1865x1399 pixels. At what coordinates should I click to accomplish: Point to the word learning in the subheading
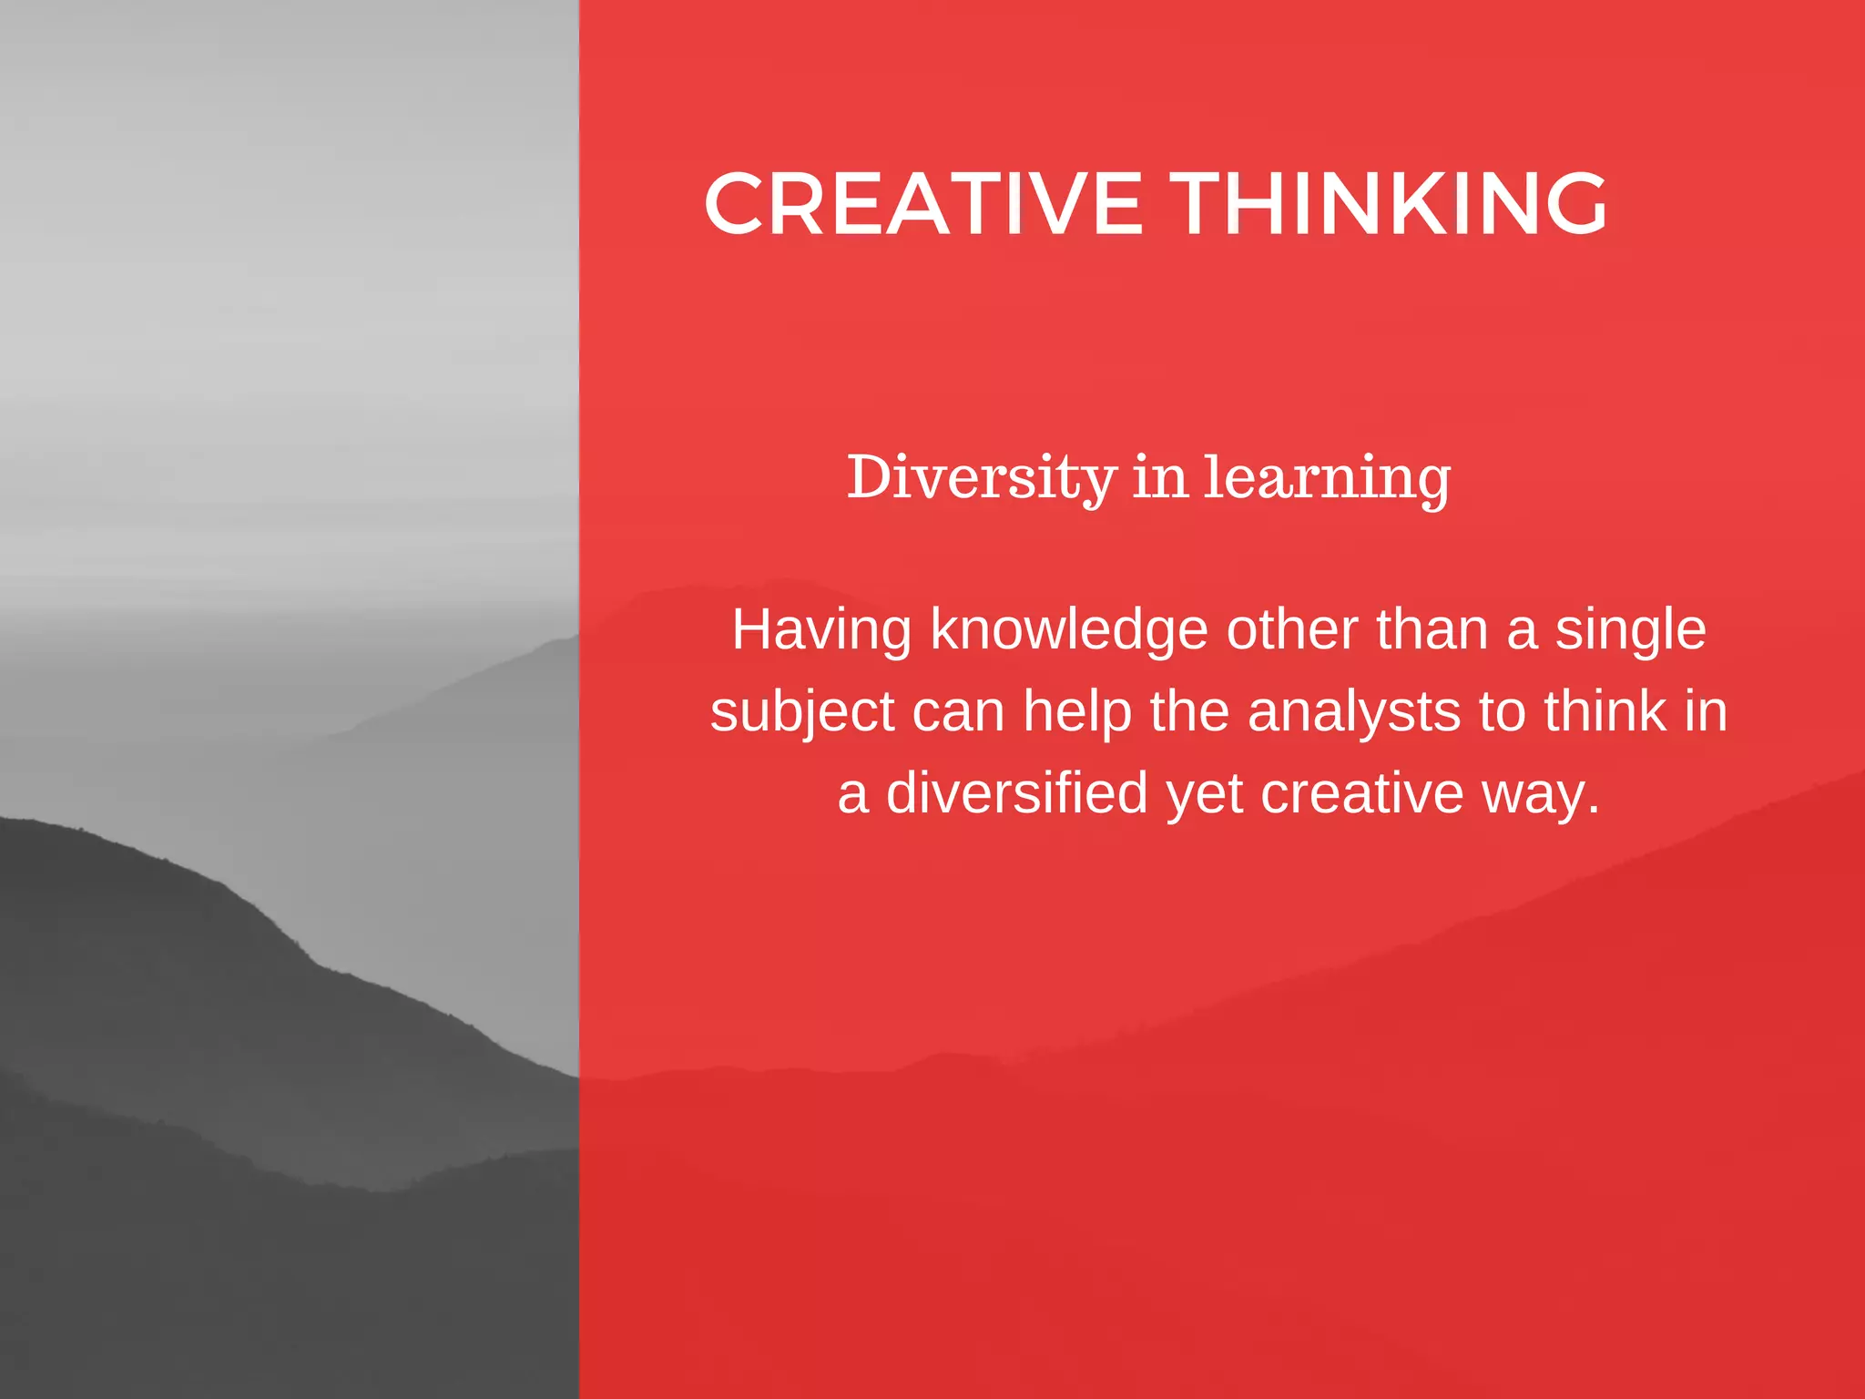pyautogui.click(x=1327, y=478)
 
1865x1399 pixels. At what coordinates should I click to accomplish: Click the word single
pyautogui.click(x=1630, y=631)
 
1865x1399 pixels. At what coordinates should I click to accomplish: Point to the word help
pyautogui.click(x=1076, y=713)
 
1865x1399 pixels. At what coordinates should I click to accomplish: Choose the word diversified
pyautogui.click(x=1017, y=792)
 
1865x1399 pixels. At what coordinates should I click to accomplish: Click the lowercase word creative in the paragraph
pyautogui.click(x=1362, y=793)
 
